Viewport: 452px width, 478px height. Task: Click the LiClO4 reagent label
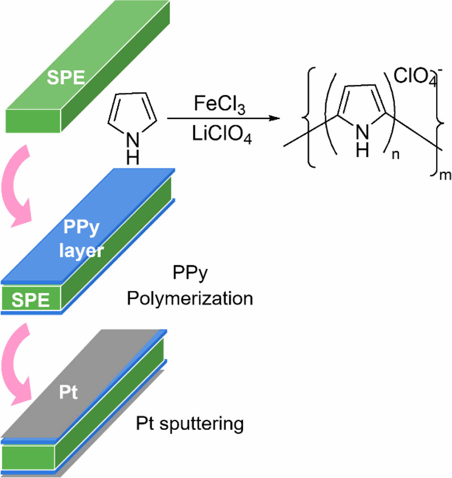click(x=221, y=134)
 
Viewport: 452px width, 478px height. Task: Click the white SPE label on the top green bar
click(x=66, y=78)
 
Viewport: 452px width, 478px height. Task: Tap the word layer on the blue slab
click(x=81, y=250)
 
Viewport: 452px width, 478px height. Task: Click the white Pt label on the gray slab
click(x=68, y=393)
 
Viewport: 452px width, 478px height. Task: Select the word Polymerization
click(x=189, y=298)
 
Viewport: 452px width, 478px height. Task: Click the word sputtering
click(x=201, y=423)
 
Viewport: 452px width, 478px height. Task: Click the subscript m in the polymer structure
click(x=445, y=176)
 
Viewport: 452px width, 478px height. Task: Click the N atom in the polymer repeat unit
click(x=363, y=133)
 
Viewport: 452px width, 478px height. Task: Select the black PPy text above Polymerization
click(x=190, y=273)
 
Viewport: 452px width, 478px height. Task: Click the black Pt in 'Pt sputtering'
click(x=145, y=423)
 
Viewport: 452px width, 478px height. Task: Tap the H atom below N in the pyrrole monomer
click(x=132, y=158)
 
